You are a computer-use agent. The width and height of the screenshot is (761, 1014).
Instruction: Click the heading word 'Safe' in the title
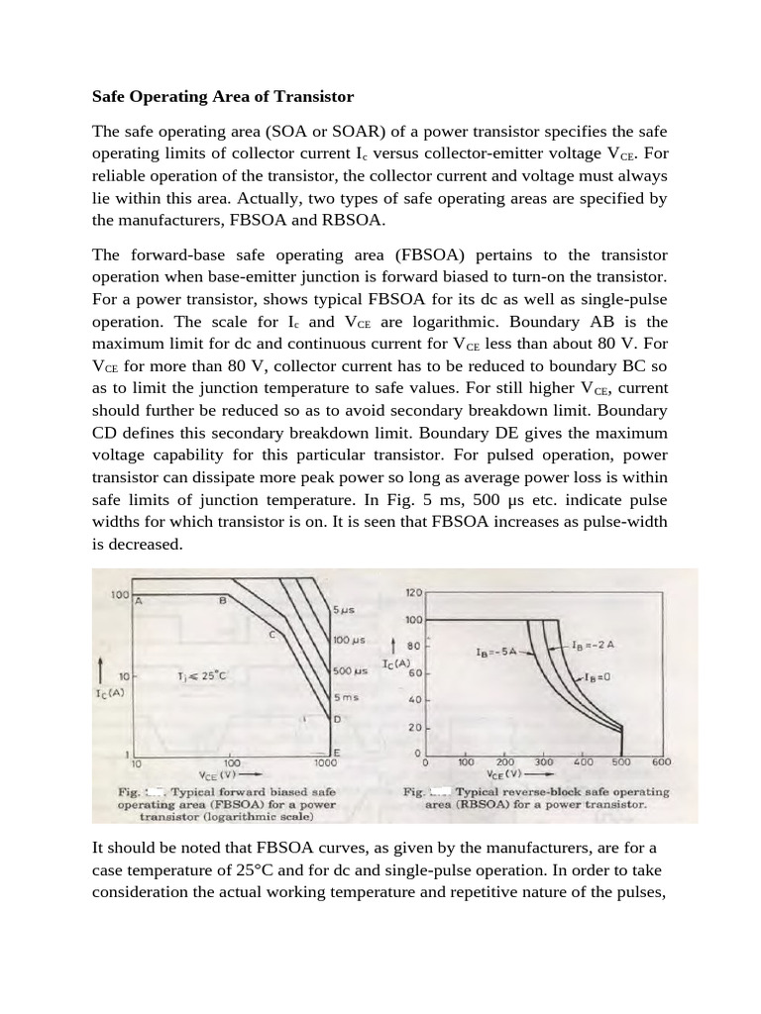[x=110, y=97]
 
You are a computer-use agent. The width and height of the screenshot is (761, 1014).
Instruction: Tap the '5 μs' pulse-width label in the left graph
[x=344, y=610]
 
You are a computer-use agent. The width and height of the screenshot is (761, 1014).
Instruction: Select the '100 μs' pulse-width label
[x=349, y=641]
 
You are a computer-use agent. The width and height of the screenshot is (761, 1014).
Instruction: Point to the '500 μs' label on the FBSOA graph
[x=350, y=671]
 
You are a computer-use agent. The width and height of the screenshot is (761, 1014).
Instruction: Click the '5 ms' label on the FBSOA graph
[x=344, y=697]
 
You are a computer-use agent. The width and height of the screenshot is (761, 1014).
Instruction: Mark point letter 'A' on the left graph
[x=140, y=601]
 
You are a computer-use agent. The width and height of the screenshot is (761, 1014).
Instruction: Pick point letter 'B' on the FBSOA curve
[x=222, y=601]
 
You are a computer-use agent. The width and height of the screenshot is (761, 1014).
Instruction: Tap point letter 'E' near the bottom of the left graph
[x=337, y=753]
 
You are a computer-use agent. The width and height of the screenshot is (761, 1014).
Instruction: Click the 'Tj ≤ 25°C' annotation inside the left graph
[x=201, y=676]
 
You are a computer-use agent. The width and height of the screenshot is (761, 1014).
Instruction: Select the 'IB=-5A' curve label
[x=496, y=653]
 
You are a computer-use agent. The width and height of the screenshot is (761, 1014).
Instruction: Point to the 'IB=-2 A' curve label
[x=595, y=645]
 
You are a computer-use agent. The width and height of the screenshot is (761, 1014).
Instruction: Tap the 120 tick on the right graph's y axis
[x=413, y=592]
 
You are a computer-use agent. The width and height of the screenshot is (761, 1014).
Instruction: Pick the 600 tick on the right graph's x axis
[x=662, y=762]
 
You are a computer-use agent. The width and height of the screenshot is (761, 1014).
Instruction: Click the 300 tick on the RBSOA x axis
[x=543, y=762]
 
